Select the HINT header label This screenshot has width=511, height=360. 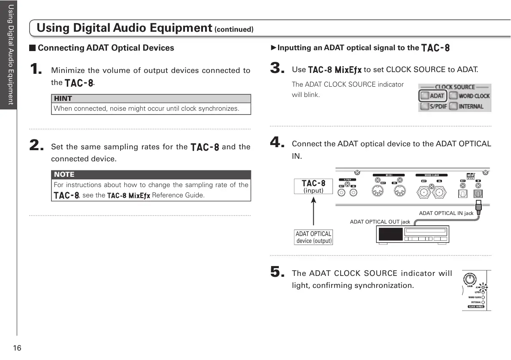63,99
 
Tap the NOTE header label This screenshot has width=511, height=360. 64,175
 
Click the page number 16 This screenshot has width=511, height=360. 17,348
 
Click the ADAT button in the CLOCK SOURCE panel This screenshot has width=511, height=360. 432,96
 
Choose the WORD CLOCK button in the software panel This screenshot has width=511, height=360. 469,96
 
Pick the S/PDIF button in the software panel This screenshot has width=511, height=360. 433,106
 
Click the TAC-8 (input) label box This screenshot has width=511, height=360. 313,186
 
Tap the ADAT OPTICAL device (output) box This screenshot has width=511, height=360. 314,237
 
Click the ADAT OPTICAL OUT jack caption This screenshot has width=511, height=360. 380,222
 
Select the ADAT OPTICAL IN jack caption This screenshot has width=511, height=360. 446,213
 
